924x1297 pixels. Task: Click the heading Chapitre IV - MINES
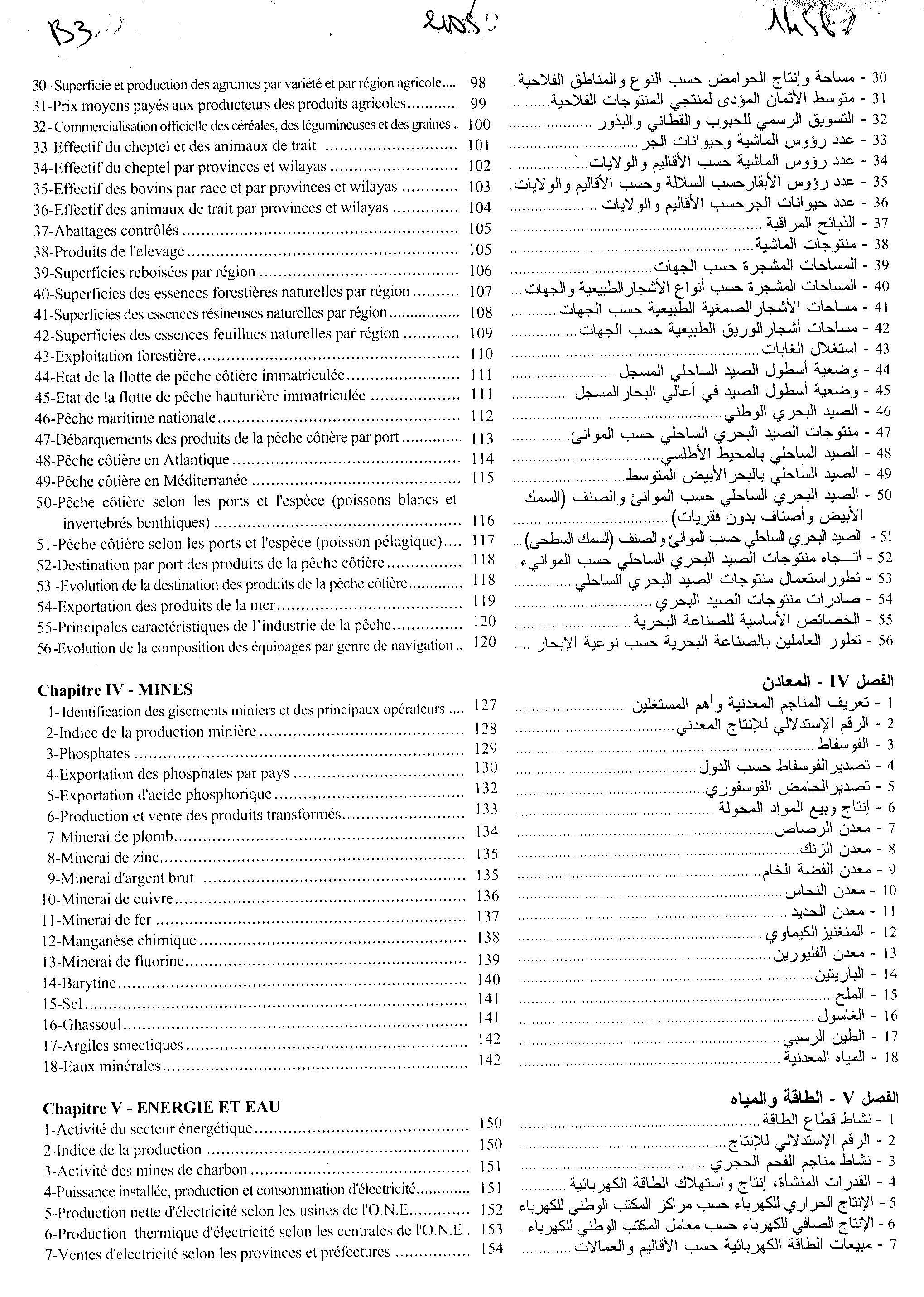point(115,690)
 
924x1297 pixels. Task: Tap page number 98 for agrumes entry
point(478,82)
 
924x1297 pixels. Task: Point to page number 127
point(485,705)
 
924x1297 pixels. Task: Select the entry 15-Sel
point(63,1004)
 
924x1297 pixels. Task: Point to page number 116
point(483,520)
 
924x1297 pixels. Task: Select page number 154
point(491,1249)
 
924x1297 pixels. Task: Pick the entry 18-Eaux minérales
point(102,1066)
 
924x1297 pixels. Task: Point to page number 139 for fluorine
point(489,959)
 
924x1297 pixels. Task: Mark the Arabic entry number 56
point(885,640)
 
